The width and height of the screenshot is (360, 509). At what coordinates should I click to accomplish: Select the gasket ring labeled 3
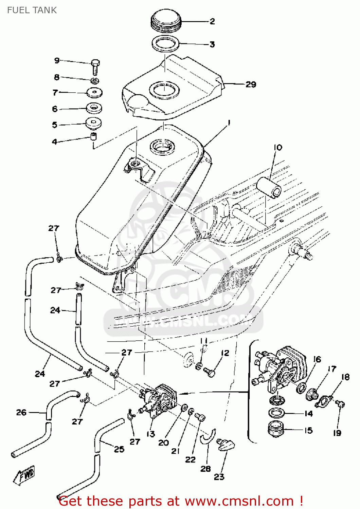(165, 44)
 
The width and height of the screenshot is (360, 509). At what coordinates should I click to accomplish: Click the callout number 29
(251, 84)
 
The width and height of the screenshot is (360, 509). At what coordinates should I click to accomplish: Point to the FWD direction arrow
(24, 474)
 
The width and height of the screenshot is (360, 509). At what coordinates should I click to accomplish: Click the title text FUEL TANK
(32, 10)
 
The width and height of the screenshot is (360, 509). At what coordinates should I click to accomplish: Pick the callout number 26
(21, 412)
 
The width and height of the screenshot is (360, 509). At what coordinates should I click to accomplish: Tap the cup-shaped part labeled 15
(275, 429)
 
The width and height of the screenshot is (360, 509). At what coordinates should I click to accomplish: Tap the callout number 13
(151, 434)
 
